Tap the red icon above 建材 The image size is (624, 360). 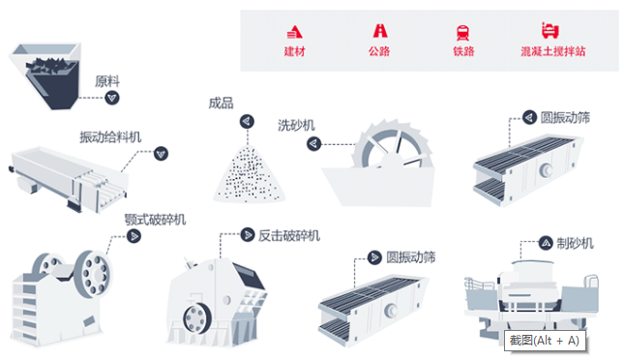point(294,31)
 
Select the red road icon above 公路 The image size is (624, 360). point(378,31)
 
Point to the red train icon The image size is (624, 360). point(463,31)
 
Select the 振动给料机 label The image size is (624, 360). point(109,136)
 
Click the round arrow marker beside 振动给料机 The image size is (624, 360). point(161,152)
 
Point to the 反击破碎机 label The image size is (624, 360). point(288,235)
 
